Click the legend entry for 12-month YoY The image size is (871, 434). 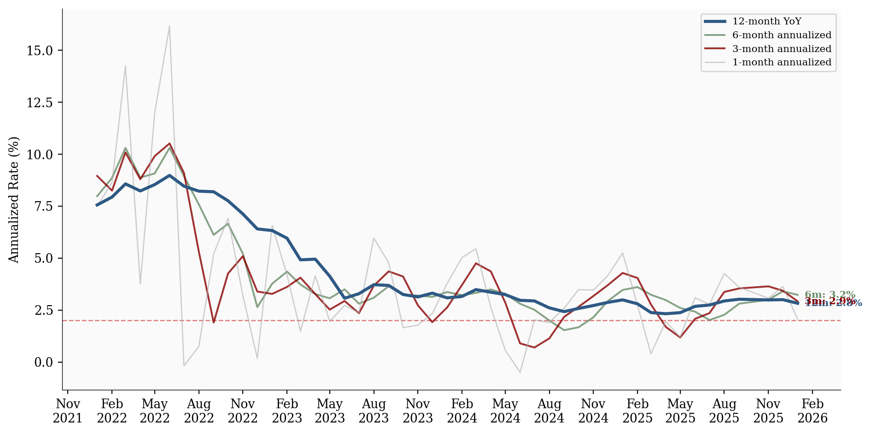766,22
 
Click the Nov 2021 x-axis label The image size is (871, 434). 68,411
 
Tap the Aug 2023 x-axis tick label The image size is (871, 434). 374,411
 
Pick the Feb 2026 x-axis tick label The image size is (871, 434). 813,411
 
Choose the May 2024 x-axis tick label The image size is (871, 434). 505,411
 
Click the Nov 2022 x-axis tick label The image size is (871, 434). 243,411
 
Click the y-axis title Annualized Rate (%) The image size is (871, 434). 14,199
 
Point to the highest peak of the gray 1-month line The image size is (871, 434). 170,26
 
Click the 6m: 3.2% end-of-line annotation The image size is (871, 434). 830,295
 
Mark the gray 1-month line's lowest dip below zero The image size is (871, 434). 520,372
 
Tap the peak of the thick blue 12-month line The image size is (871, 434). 170,175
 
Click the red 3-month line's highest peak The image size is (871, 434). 170,144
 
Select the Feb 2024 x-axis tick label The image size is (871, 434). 462,411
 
